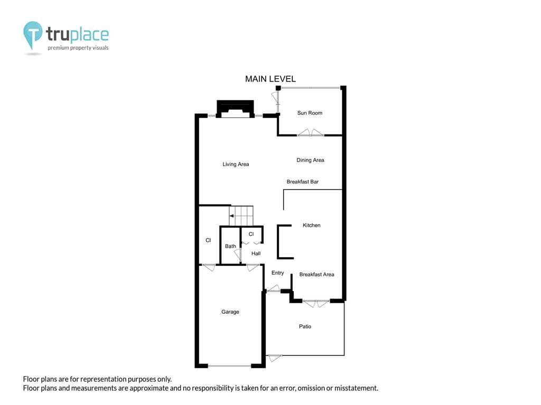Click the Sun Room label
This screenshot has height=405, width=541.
point(310,113)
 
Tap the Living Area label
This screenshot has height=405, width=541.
point(236,165)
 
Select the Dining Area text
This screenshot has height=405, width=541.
point(310,160)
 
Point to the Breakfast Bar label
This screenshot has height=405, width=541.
point(303,181)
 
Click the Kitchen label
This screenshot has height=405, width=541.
point(312,225)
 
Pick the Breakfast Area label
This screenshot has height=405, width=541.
point(317,274)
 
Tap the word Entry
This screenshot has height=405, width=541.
point(278,273)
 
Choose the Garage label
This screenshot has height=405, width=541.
point(230,312)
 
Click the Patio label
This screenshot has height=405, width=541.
point(305,326)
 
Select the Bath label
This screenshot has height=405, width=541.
point(230,246)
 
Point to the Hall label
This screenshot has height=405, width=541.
point(256,254)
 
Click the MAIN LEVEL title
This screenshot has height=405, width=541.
point(270,79)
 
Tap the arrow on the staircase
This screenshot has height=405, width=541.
point(232,216)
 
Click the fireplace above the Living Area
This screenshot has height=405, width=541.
point(235,109)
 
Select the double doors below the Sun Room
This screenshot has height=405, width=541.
point(311,132)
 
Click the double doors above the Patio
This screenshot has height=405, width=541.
point(316,303)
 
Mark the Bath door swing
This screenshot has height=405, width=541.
point(237,255)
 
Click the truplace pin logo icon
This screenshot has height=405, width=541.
point(33,35)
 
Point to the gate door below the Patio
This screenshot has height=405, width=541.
point(275,358)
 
